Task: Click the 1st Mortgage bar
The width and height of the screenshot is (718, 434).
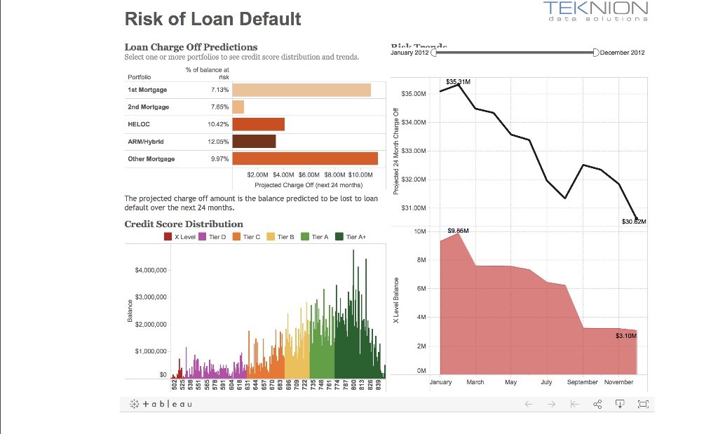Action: tap(302, 90)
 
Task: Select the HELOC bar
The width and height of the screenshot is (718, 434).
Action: tap(258, 124)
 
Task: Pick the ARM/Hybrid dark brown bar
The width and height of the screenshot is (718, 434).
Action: tap(254, 141)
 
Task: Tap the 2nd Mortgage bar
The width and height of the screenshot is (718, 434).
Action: tap(238, 107)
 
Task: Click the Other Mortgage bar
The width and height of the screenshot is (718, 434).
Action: tap(305, 158)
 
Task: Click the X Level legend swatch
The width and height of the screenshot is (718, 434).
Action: tap(168, 237)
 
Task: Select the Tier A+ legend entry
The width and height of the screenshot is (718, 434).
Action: tap(340, 237)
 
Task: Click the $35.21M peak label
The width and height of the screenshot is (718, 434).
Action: tap(457, 81)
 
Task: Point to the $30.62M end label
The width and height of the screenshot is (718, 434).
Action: tap(634, 222)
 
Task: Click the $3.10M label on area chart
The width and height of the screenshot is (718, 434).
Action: tap(625, 337)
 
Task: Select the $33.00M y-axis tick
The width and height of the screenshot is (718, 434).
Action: tap(413, 151)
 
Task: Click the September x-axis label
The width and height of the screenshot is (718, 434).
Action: tap(582, 382)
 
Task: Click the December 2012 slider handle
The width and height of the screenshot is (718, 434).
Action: tap(595, 53)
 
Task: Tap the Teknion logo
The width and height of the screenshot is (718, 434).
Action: tap(595, 12)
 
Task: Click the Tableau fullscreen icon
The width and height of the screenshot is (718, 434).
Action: tap(643, 405)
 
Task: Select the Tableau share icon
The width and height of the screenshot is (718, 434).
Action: tap(597, 405)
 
